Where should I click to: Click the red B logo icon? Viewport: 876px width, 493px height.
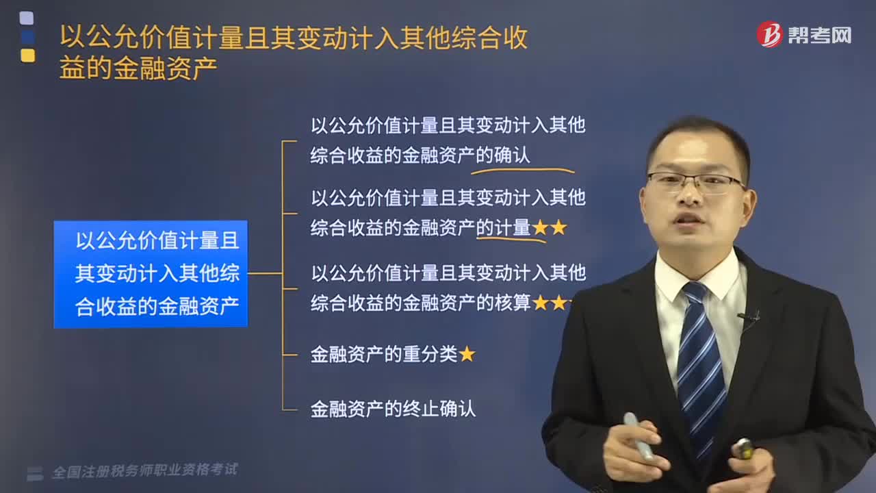pos(769,34)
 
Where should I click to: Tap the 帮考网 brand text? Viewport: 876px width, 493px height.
pos(820,36)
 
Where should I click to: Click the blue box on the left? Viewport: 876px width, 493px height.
pos(151,274)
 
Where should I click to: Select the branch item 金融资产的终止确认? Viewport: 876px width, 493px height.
pos(393,409)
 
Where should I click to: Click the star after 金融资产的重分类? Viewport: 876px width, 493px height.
pos(467,355)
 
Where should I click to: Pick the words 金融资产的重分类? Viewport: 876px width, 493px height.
pos(384,355)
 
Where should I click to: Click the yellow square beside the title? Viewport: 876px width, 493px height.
pos(28,55)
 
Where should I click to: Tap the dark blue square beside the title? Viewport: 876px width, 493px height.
pos(28,37)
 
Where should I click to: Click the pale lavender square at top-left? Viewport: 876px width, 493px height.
pos(27,18)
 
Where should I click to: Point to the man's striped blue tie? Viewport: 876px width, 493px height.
pos(700,364)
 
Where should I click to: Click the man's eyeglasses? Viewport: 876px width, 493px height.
pos(696,182)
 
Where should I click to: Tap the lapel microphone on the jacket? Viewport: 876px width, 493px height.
pos(749,317)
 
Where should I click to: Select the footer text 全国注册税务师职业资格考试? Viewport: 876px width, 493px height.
pos(144,470)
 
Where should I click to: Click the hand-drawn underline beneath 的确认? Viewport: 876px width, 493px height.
pos(522,170)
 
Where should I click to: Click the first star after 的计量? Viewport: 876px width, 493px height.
pos(540,228)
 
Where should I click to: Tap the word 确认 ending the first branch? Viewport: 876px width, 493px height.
pos(512,155)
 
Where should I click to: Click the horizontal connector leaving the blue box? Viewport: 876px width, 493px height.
pos(265,273)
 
